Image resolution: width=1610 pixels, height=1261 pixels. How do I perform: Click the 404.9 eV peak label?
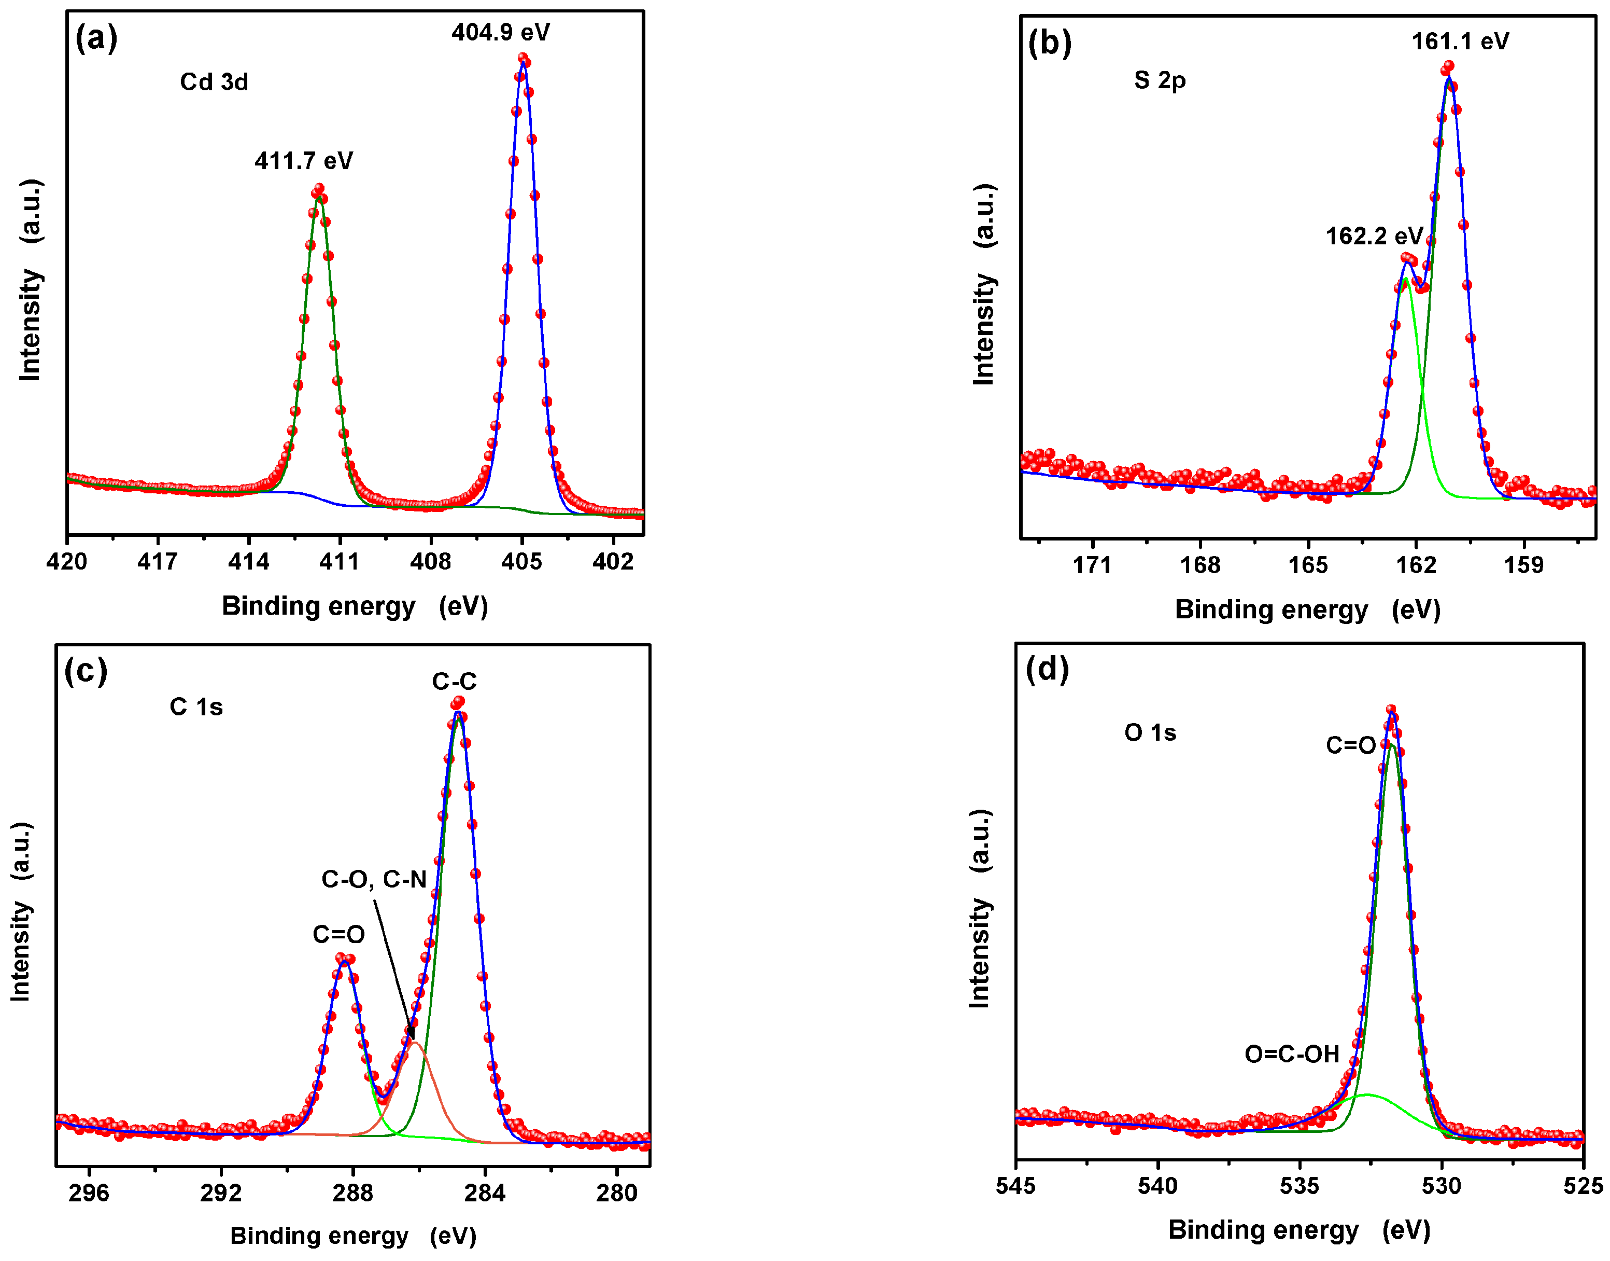(500, 33)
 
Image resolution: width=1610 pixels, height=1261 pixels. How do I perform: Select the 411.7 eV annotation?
(303, 161)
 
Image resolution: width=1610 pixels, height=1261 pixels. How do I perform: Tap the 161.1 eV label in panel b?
(1460, 41)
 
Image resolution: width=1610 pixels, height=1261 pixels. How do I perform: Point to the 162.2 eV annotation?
(1374, 236)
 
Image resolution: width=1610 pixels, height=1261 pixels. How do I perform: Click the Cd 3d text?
(214, 82)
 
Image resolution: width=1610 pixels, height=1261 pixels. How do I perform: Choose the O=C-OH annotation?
(1291, 1054)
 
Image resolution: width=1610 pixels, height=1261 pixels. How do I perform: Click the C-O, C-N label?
(373, 879)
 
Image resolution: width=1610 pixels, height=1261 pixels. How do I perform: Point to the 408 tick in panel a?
(431, 562)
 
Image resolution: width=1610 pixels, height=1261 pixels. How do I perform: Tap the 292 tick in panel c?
(221, 1193)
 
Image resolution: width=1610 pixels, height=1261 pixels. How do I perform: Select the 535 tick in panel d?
(1298, 1186)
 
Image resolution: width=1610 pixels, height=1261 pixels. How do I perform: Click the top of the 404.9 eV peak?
(523, 59)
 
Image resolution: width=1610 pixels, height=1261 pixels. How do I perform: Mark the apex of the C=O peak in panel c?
(345, 960)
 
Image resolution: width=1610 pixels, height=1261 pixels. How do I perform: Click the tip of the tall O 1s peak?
(1391, 711)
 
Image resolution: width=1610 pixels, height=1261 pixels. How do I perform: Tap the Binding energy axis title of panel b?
(1307, 610)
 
